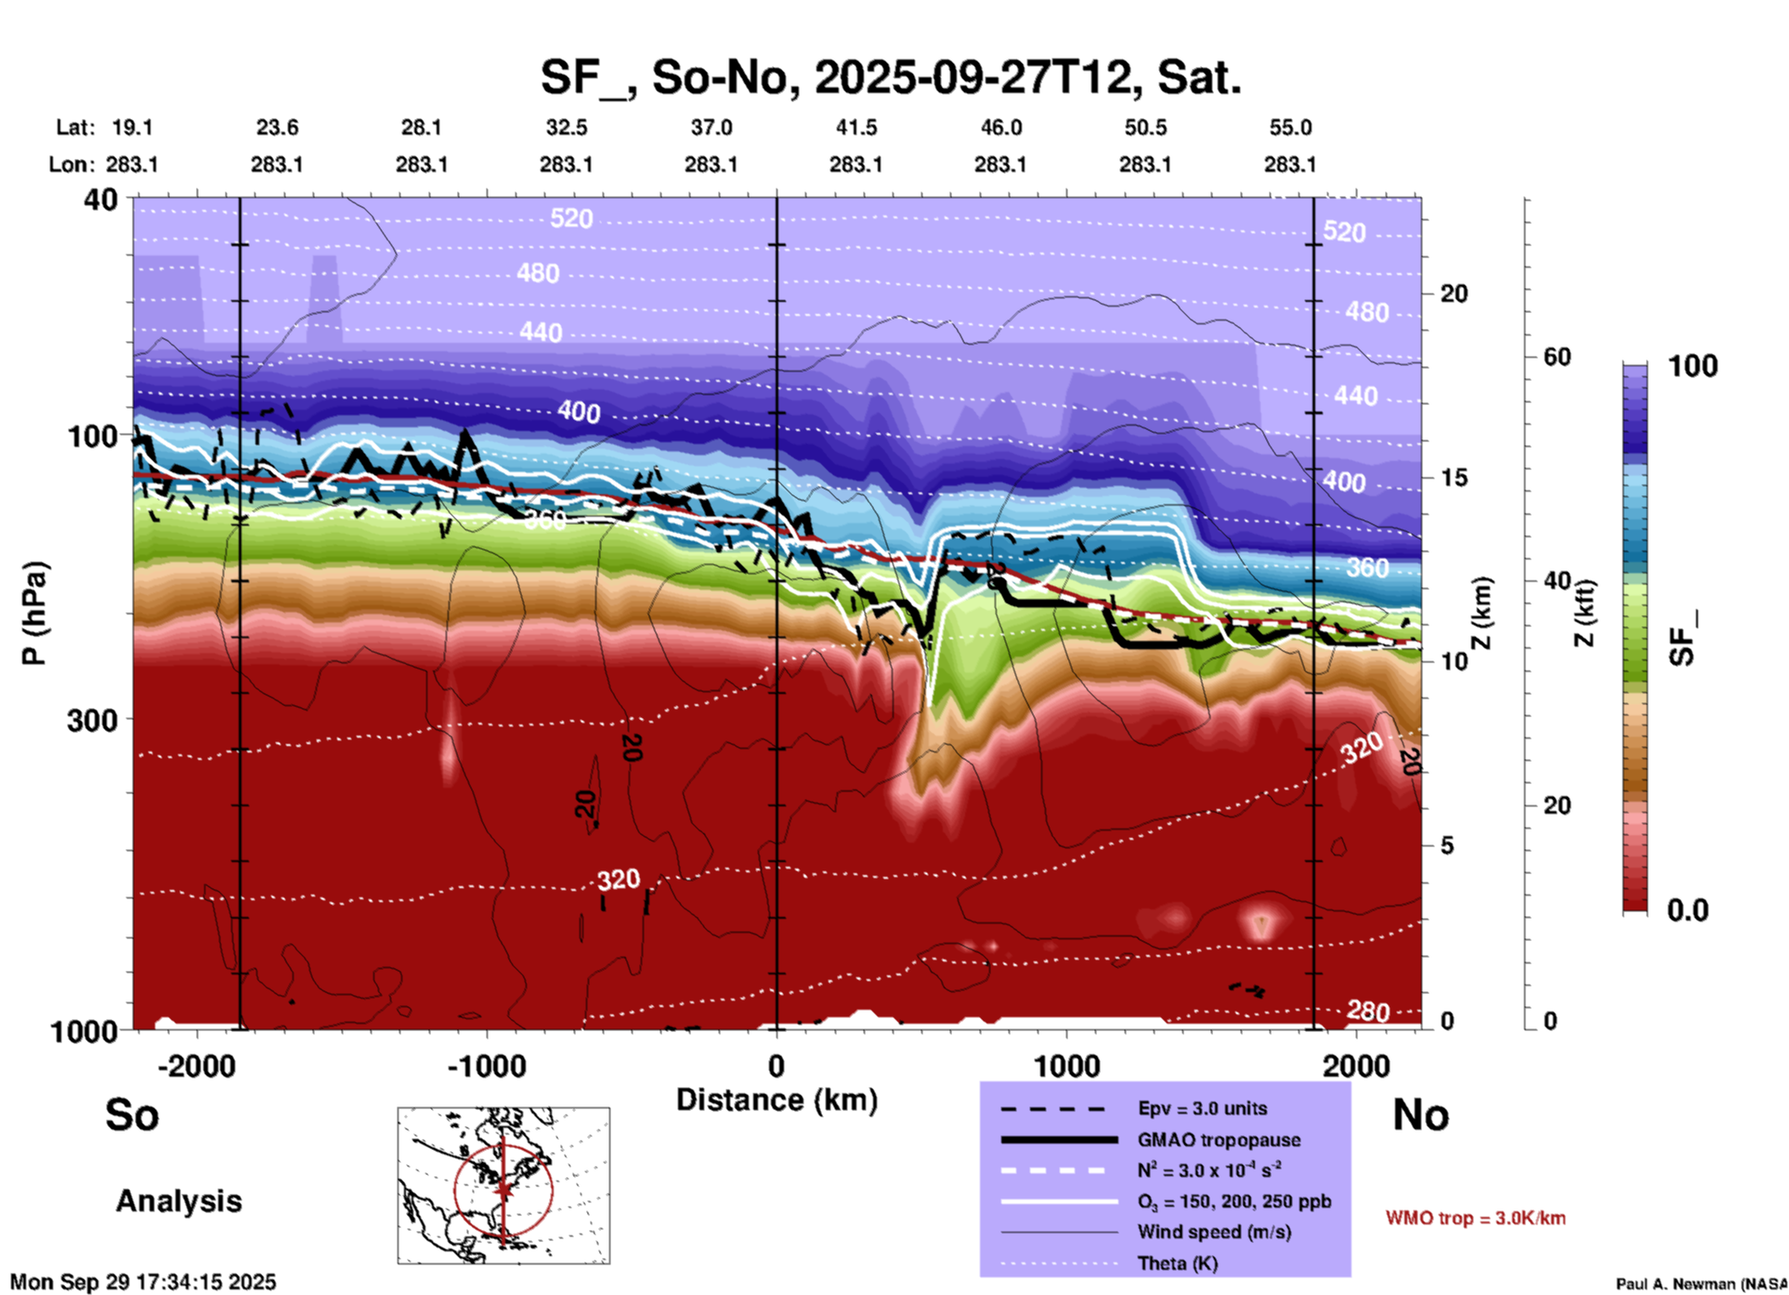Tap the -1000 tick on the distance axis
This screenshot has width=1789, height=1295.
[486, 1066]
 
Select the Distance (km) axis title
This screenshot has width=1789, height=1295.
[777, 1100]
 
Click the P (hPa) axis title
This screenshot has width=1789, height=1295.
[34, 613]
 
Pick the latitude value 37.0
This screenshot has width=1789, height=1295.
[711, 127]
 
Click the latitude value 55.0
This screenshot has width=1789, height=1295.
[1289, 127]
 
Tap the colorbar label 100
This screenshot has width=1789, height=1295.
[1692, 366]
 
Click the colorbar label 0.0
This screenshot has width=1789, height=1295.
[1687, 910]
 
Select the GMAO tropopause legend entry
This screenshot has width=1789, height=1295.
[1219, 1140]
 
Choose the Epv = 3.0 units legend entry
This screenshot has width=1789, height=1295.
[1202, 1108]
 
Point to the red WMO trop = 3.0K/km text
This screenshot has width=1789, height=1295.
[1475, 1218]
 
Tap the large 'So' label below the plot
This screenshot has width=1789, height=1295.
[132, 1115]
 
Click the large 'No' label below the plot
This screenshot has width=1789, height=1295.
[1420, 1115]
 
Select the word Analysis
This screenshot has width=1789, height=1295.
[178, 1201]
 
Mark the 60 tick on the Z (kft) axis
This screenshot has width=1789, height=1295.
[1557, 357]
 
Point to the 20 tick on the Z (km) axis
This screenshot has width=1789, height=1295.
[1454, 294]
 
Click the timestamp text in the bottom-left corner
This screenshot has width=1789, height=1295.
[143, 1282]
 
